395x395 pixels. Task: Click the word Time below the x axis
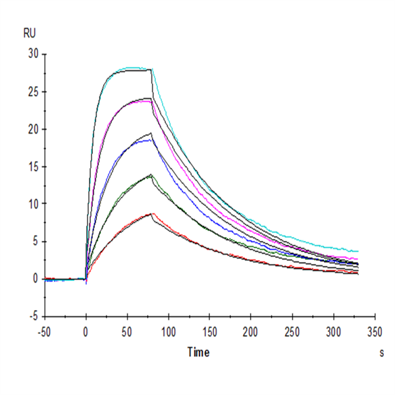pos(198,353)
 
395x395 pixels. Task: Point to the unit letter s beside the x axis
pos(382,354)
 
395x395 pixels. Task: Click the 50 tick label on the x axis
pos(127,330)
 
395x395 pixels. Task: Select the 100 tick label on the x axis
pos(169,330)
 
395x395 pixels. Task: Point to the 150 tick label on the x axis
pos(210,330)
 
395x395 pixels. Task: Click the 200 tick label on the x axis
pos(251,330)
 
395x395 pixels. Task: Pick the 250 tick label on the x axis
pos(292,330)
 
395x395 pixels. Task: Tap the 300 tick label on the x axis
pos(333,330)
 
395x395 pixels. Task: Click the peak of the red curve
pos(152,213)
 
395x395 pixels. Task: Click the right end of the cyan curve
pos(358,251)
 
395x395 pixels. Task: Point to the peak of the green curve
pos(151,174)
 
